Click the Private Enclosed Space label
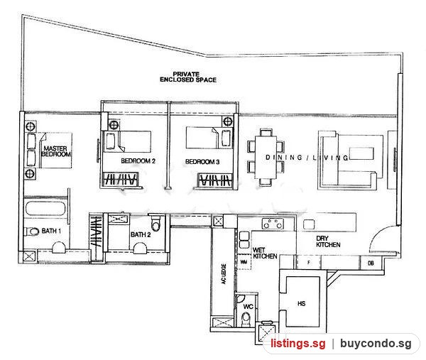click(188, 77)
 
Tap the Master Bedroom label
click(55, 151)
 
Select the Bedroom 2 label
click(138, 161)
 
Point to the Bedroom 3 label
click(202, 162)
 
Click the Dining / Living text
click(307, 158)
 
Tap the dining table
click(266, 158)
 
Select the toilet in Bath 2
click(155, 222)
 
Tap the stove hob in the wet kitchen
click(273, 224)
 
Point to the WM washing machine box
click(244, 262)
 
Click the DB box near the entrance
click(371, 263)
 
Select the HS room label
click(302, 303)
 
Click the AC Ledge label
click(224, 274)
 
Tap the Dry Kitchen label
click(328, 241)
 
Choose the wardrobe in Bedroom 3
click(215, 180)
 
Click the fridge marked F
click(308, 263)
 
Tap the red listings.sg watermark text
click(297, 344)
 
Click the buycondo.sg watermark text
click(376, 344)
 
